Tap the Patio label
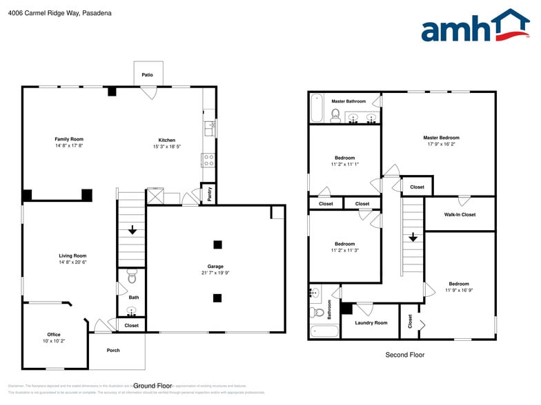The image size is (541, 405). pyautogui.click(x=147, y=74)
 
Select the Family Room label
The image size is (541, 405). pyautogui.click(x=69, y=139)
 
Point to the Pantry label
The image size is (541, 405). pyautogui.click(x=208, y=195)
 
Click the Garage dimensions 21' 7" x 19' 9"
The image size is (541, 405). pyautogui.click(x=215, y=273)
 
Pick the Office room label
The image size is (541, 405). pyautogui.click(x=53, y=335)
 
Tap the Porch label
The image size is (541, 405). pyautogui.click(x=113, y=351)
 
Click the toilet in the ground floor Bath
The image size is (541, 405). pyautogui.click(x=132, y=278)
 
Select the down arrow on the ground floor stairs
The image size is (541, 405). pyautogui.click(x=132, y=231)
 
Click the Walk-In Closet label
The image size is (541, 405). pyautogui.click(x=459, y=214)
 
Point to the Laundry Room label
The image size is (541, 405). pyautogui.click(x=371, y=322)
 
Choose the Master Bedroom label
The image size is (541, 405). pyautogui.click(x=441, y=138)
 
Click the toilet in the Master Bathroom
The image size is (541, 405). pyautogui.click(x=336, y=114)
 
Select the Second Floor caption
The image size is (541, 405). pyautogui.click(x=404, y=355)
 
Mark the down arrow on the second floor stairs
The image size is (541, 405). pyautogui.click(x=413, y=237)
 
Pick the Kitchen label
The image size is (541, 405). pyautogui.click(x=167, y=140)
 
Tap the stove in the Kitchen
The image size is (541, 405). pyautogui.click(x=208, y=160)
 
